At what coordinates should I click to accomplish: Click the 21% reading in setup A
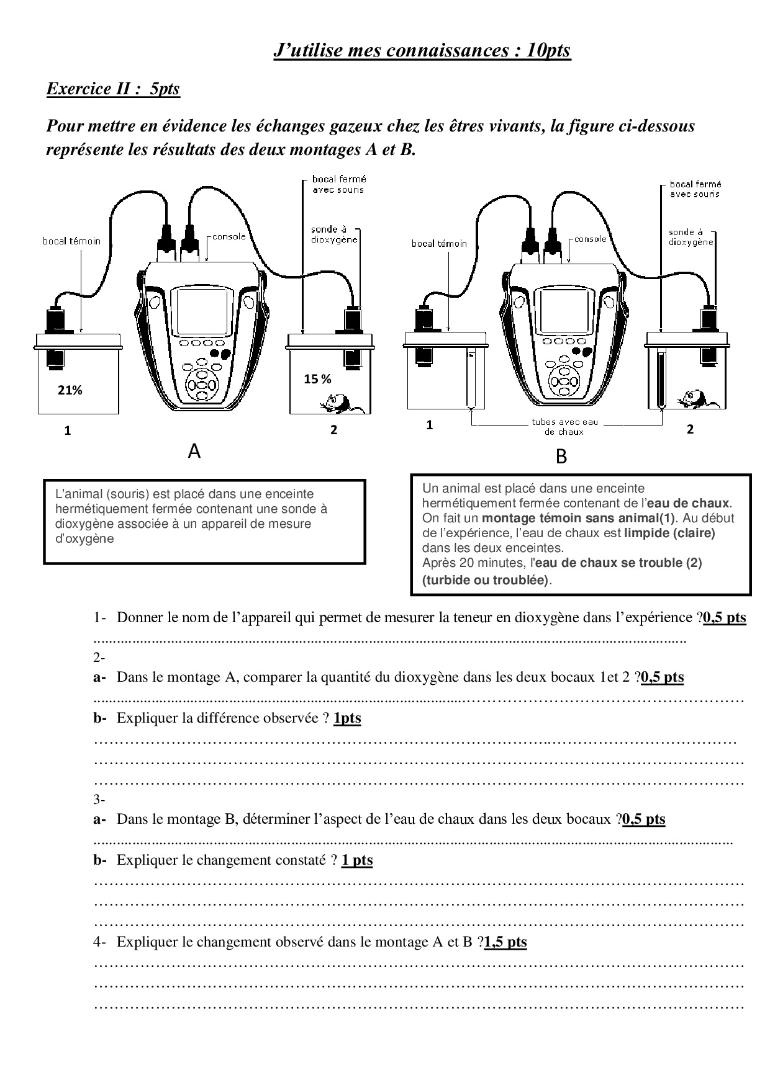coord(70,390)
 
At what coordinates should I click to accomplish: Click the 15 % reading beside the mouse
coord(317,379)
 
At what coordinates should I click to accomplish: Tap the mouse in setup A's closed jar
coord(337,401)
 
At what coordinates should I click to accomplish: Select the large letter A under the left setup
coord(194,452)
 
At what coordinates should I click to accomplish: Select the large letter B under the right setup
coord(561,457)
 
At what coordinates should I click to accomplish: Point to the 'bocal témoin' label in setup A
coord(71,241)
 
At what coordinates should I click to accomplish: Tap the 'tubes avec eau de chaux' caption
coord(564,427)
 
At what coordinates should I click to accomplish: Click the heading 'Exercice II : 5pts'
coord(113,89)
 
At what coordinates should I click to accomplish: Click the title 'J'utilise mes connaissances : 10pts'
coord(422,50)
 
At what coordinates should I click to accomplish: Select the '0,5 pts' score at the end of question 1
coord(725,617)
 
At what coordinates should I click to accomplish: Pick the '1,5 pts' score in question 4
coord(505,942)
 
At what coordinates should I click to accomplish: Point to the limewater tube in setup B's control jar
coord(471,380)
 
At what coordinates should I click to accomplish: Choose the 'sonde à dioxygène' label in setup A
coord(334,234)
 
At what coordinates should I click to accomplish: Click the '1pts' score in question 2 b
coord(347,718)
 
